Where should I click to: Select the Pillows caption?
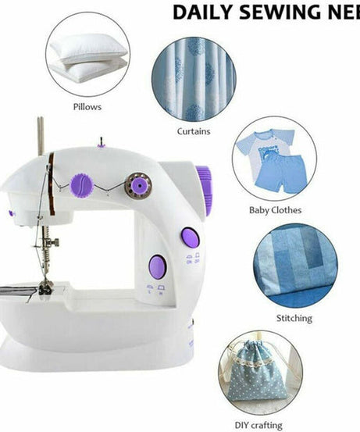(x=87, y=106)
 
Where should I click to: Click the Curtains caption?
(x=194, y=131)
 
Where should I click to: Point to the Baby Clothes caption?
(x=274, y=209)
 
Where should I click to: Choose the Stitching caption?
(x=294, y=318)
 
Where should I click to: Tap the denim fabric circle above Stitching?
(x=296, y=265)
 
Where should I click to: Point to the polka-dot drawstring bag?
(x=259, y=374)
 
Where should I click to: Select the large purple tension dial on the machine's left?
(x=83, y=186)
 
